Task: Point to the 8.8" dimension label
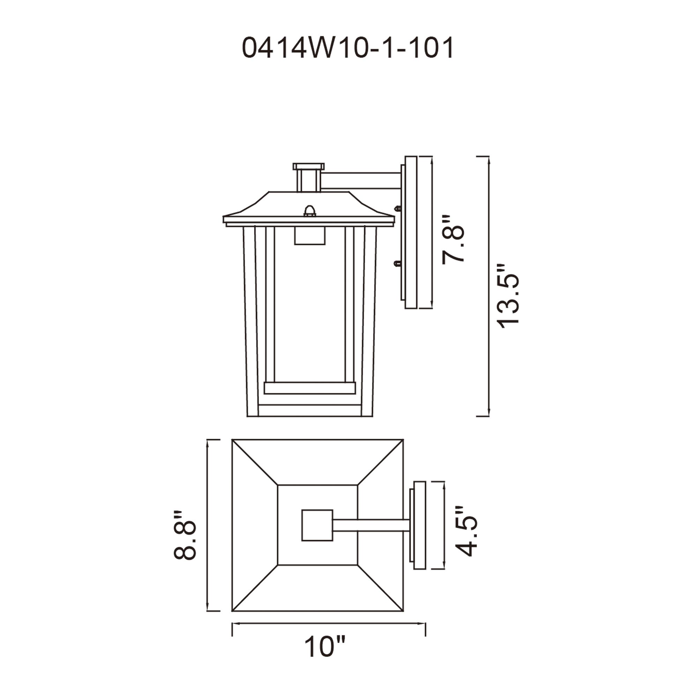(x=185, y=535)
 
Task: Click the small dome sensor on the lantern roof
(x=310, y=211)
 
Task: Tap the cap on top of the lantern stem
(x=308, y=166)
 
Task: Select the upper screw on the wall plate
(x=398, y=208)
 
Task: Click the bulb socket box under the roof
(x=310, y=236)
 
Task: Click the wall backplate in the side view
(x=411, y=232)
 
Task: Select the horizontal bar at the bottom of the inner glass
(x=310, y=388)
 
